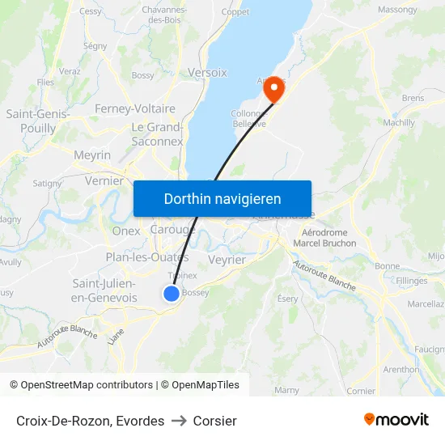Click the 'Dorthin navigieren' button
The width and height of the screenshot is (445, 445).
pyautogui.click(x=222, y=198)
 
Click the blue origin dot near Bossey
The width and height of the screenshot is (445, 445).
pyautogui.click(x=172, y=294)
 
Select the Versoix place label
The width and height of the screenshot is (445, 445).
pyautogui.click(x=207, y=72)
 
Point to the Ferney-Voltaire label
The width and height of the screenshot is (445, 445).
pyautogui.click(x=135, y=108)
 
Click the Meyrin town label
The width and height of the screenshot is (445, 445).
pyautogui.click(x=92, y=155)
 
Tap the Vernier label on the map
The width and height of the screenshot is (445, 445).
pyautogui.click(x=104, y=181)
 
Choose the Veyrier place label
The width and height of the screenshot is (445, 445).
pyautogui.click(x=227, y=260)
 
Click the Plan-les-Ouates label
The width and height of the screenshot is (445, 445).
pyautogui.click(x=146, y=257)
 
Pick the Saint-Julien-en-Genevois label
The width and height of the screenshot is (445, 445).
pyautogui.click(x=104, y=290)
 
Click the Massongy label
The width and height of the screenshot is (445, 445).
pyautogui.click(x=398, y=10)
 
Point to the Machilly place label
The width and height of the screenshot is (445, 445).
pyautogui.click(x=398, y=122)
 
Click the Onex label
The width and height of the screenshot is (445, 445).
pyautogui.click(x=126, y=231)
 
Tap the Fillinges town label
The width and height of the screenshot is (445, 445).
pyautogui.click(x=412, y=280)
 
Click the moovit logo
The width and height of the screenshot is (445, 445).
pyautogui.click(x=396, y=419)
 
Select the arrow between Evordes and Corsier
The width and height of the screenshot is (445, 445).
pyautogui.click(x=179, y=421)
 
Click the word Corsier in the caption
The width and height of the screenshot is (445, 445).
pyautogui.click(x=215, y=421)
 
